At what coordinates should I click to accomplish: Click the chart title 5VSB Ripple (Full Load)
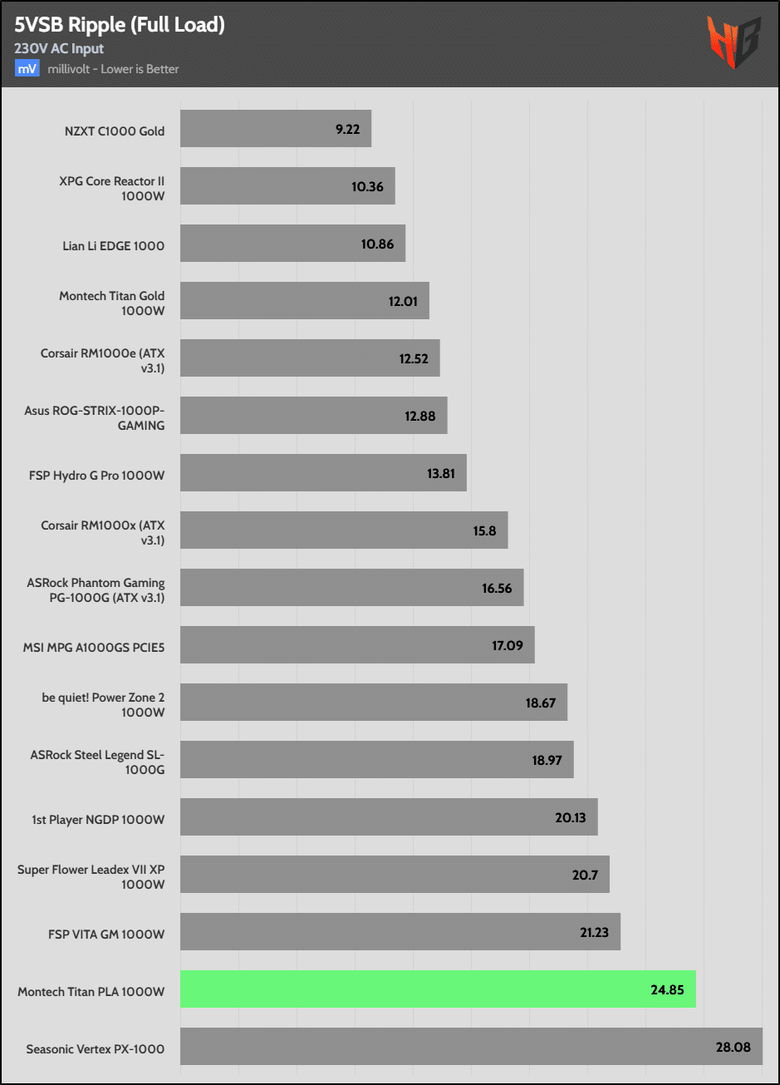pyautogui.click(x=120, y=25)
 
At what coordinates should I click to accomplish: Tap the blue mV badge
pyautogui.click(x=27, y=68)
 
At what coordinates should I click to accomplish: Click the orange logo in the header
pyautogui.click(x=733, y=42)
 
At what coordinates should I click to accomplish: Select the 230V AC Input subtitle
pyautogui.click(x=59, y=49)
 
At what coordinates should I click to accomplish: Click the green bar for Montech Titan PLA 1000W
pyautogui.click(x=438, y=989)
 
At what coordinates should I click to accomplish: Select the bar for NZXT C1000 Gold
pyautogui.click(x=275, y=129)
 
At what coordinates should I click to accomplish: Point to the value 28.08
pyautogui.click(x=733, y=1047)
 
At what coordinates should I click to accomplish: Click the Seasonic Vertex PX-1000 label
pyautogui.click(x=96, y=1048)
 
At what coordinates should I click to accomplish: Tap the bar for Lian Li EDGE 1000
pyautogui.click(x=292, y=244)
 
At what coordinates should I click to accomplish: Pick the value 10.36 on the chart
pyautogui.click(x=367, y=186)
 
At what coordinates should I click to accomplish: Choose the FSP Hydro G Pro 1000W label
pyautogui.click(x=96, y=476)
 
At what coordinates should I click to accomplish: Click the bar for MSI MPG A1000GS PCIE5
pyautogui.click(x=357, y=645)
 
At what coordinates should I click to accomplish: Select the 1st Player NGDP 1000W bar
pyautogui.click(x=389, y=817)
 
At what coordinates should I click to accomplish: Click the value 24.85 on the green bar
pyautogui.click(x=668, y=989)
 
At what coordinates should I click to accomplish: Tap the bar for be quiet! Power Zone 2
pyautogui.click(x=374, y=703)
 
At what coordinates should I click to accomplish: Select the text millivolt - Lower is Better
pyautogui.click(x=113, y=69)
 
